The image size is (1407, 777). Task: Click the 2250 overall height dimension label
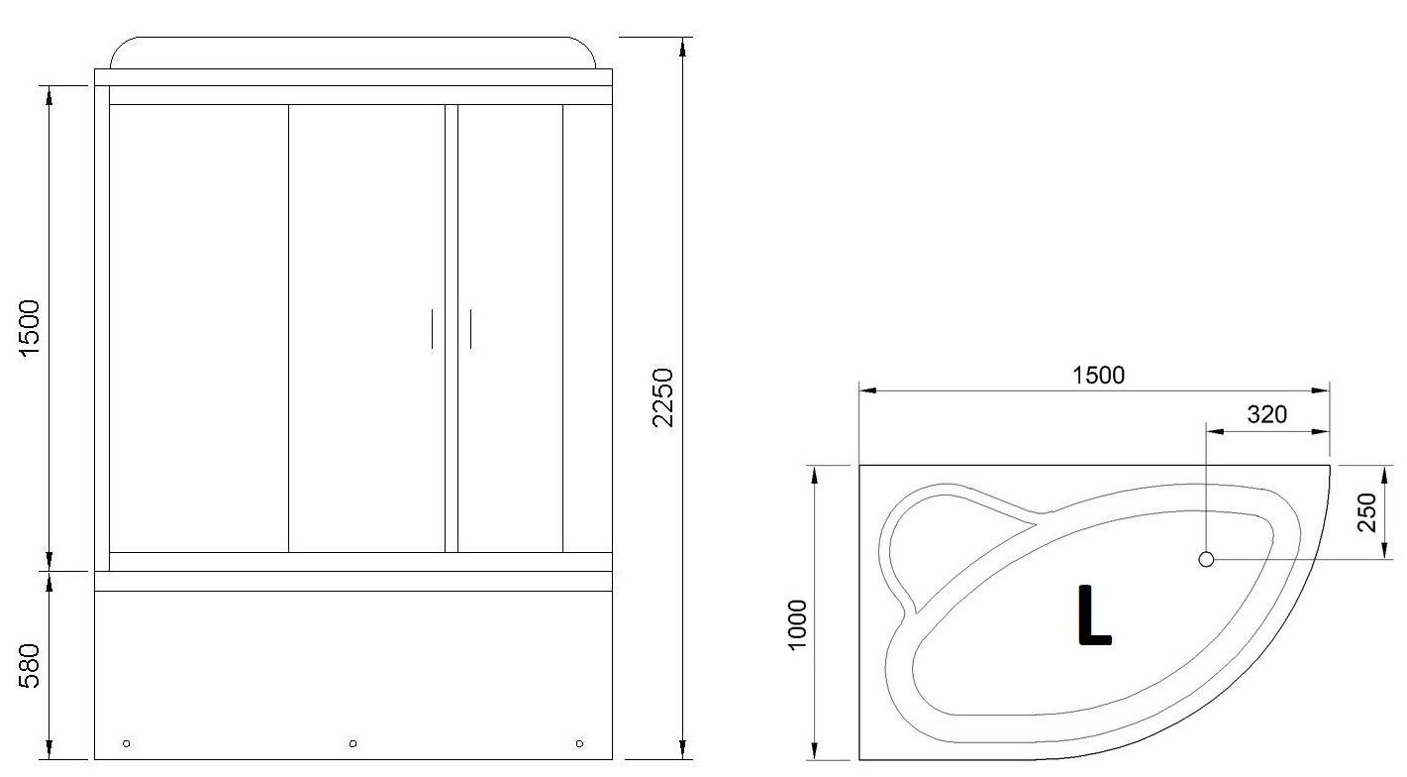(663, 397)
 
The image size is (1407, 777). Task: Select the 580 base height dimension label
(29, 665)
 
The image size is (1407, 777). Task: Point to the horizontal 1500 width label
(1098, 376)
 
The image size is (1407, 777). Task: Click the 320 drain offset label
(1267, 415)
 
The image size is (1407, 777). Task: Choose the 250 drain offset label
(1367, 512)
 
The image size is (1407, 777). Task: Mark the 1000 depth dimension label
(796, 624)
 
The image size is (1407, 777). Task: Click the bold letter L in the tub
(1094, 614)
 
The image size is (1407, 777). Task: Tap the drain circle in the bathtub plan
(1206, 559)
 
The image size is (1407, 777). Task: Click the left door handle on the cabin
(432, 328)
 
